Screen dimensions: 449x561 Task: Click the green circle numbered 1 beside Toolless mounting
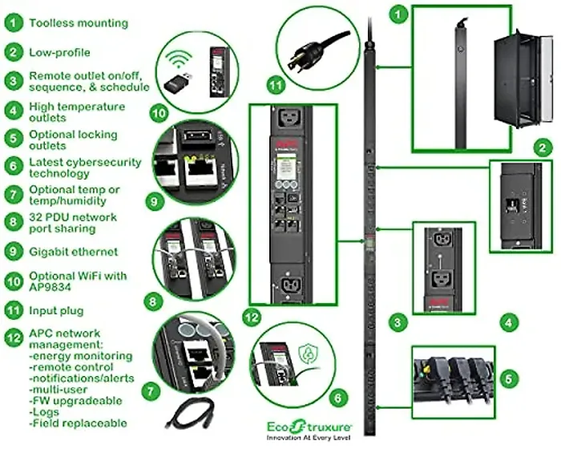[13, 22]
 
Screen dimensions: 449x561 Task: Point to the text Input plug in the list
[56, 309]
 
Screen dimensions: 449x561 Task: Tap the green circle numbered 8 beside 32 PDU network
[13, 223]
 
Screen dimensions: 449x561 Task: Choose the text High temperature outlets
[77, 112]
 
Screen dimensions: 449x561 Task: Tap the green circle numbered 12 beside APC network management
[13, 337]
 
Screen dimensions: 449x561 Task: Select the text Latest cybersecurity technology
[85, 168]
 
